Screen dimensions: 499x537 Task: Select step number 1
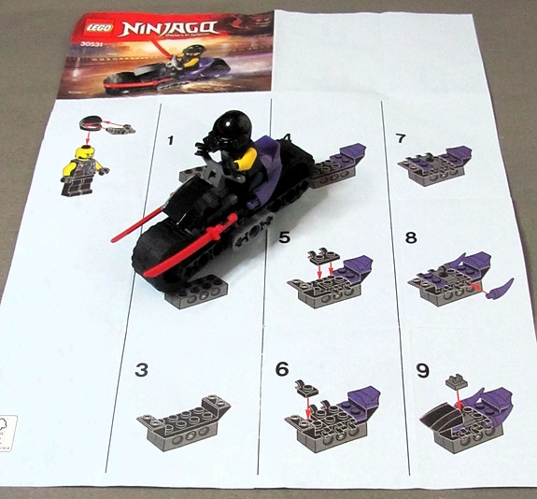[170, 141]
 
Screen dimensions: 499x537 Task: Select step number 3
[141, 370]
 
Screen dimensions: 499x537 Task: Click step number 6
[283, 370]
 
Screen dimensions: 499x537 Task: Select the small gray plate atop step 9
[455, 379]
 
